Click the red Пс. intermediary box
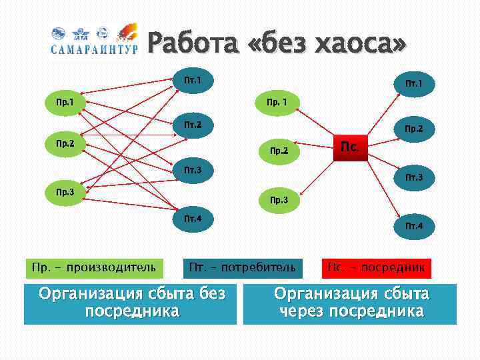pyautogui.click(x=349, y=145)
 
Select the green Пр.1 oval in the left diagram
pyautogui.click(x=65, y=103)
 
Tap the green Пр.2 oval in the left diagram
pyautogui.click(x=65, y=143)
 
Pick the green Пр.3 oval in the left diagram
pyautogui.click(x=65, y=191)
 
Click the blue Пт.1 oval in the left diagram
pyautogui.click(x=193, y=81)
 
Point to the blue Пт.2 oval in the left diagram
pyautogui.click(x=193, y=125)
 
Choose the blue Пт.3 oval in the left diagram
pyautogui.click(x=193, y=171)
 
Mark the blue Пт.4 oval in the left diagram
pyautogui.click(x=193, y=219)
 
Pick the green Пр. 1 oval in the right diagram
pyautogui.click(x=277, y=103)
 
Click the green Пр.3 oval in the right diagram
pyautogui.click(x=279, y=200)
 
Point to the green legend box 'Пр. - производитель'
pyautogui.click(x=93, y=268)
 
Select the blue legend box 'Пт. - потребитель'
pyautogui.click(x=242, y=268)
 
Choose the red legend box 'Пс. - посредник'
pyautogui.click(x=376, y=268)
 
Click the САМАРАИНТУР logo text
pyautogui.click(x=94, y=49)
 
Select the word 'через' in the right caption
pyautogui.click(x=302, y=311)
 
